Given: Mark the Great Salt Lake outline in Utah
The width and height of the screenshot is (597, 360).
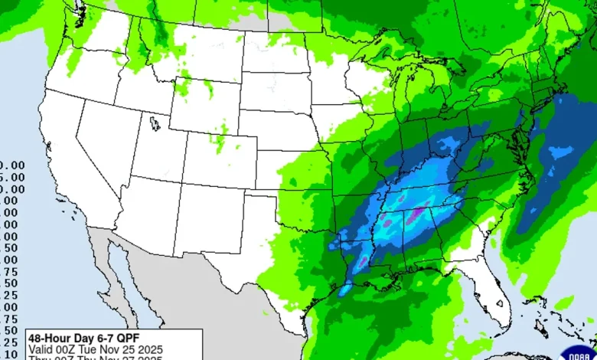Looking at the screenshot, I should coord(156,123).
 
